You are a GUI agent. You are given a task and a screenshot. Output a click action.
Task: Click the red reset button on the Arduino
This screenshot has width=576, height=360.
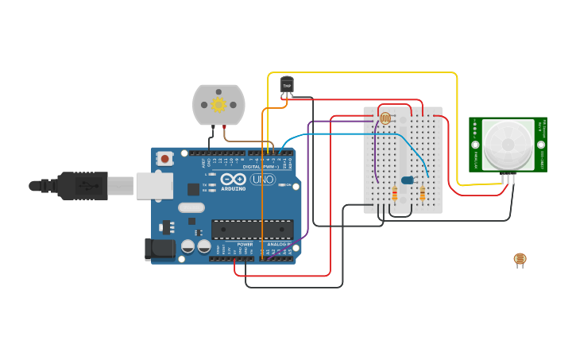(x=164, y=158)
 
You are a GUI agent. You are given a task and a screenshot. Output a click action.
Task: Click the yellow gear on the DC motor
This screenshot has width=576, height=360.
(x=218, y=104)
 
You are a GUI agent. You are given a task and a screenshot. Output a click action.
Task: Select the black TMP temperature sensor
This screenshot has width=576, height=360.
(x=287, y=84)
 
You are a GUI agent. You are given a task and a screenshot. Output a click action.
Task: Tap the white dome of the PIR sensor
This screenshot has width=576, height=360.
(x=508, y=144)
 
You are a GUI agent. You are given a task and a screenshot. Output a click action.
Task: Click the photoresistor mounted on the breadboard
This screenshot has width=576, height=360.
(x=385, y=118)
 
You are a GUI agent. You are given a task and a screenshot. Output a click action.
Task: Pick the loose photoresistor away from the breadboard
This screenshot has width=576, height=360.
(x=520, y=259)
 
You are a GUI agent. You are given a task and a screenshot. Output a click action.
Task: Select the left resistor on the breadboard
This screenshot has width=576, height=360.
(x=395, y=194)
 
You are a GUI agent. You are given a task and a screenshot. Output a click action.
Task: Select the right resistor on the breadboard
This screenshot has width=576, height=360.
(x=422, y=194)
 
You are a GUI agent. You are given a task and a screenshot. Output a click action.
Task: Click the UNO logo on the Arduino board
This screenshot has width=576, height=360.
(x=262, y=180)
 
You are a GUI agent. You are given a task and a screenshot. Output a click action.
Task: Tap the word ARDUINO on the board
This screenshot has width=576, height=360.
(x=233, y=188)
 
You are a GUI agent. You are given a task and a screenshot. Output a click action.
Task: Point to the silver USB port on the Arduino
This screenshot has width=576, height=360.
(x=154, y=185)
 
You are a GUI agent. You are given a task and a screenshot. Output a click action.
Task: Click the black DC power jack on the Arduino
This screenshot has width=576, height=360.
(x=160, y=249)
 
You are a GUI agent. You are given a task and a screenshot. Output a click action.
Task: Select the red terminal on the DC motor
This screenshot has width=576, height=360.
(x=226, y=126)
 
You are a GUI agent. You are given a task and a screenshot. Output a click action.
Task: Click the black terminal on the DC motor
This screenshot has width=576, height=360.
(x=211, y=126)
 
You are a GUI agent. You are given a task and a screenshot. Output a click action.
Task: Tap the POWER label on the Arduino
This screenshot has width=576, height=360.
(x=245, y=244)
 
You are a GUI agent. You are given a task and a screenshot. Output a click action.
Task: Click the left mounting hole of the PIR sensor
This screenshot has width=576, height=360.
(x=475, y=145)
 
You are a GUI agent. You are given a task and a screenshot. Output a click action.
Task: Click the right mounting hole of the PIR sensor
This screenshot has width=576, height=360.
(x=541, y=145)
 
